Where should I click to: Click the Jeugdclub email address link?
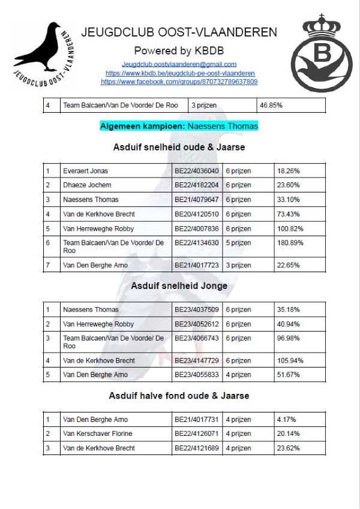click(x=179, y=64)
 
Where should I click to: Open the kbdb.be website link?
click(x=179, y=73)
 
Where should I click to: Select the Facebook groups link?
click(x=179, y=82)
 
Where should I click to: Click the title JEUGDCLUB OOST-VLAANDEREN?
click(x=179, y=32)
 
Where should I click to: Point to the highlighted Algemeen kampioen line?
click(x=179, y=127)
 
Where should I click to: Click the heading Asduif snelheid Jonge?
click(x=179, y=286)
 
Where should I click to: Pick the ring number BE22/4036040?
click(x=196, y=171)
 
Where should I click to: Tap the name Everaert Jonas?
click(x=85, y=171)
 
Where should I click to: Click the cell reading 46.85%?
click(x=271, y=106)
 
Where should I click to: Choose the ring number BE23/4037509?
click(x=196, y=310)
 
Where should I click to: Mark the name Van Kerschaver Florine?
click(x=97, y=433)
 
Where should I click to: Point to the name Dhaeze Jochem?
click(x=87, y=185)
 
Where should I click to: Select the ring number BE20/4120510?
click(x=196, y=214)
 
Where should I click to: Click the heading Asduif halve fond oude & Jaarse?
click(x=179, y=396)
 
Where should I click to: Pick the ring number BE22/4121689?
click(x=196, y=448)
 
